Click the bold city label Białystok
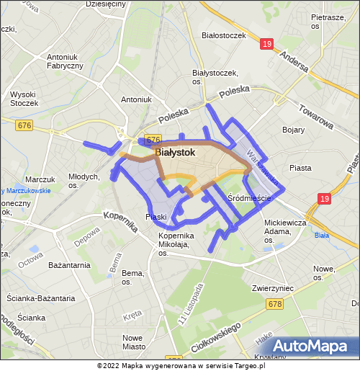175,153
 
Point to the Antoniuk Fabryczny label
65,61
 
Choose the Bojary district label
293,130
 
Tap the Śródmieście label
248,197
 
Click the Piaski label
156,217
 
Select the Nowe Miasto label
132,342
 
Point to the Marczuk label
40,179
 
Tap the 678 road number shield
274,305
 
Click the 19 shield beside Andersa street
267,45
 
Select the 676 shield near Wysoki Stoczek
23,125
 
